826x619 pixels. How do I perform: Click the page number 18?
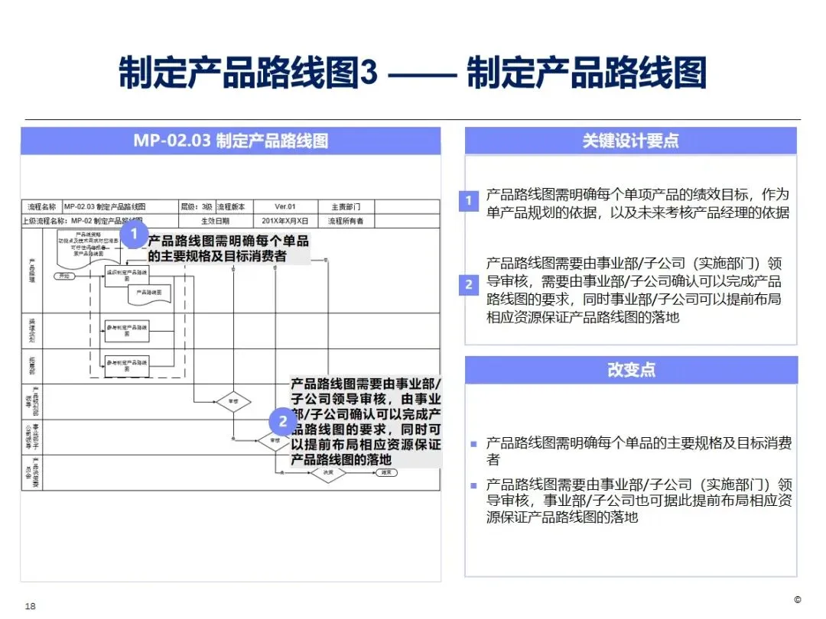(31, 606)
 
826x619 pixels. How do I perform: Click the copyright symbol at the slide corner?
(798, 599)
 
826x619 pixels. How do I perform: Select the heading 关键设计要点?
(630, 141)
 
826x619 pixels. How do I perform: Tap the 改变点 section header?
(630, 370)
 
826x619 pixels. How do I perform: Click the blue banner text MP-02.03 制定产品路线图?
(230, 141)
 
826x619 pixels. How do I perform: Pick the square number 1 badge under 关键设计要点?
(469, 202)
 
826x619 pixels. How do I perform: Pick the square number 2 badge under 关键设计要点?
(469, 285)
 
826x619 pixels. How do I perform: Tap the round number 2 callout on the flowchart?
(283, 421)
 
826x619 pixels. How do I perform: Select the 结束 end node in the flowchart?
(387, 472)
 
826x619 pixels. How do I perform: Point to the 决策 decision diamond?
(327, 473)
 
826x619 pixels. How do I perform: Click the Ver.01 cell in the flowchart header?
(285, 207)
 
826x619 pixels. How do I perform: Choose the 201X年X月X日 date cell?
(285, 222)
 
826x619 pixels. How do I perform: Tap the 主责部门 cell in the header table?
(345, 207)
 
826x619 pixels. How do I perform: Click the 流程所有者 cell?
(345, 222)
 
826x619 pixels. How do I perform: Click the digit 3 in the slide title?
(369, 73)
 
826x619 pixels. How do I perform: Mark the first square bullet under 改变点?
(474, 443)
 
